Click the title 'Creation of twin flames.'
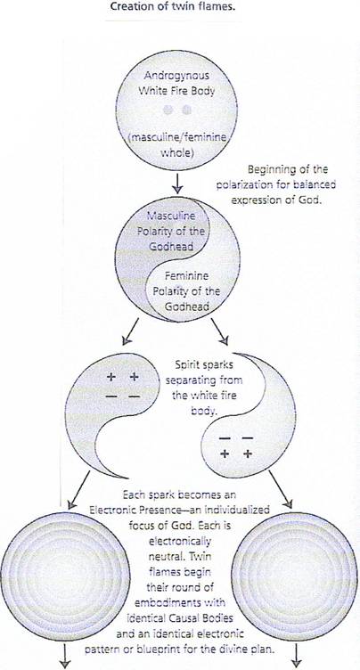pos(173,7)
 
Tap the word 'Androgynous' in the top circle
pos(176,76)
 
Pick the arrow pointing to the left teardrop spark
pos(130,331)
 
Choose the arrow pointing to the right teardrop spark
pos(220,331)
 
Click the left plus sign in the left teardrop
pos(111,377)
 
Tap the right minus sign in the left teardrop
pos(135,397)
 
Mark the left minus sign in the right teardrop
pos(225,438)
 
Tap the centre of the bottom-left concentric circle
pos(65,576)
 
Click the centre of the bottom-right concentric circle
pos(295,576)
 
